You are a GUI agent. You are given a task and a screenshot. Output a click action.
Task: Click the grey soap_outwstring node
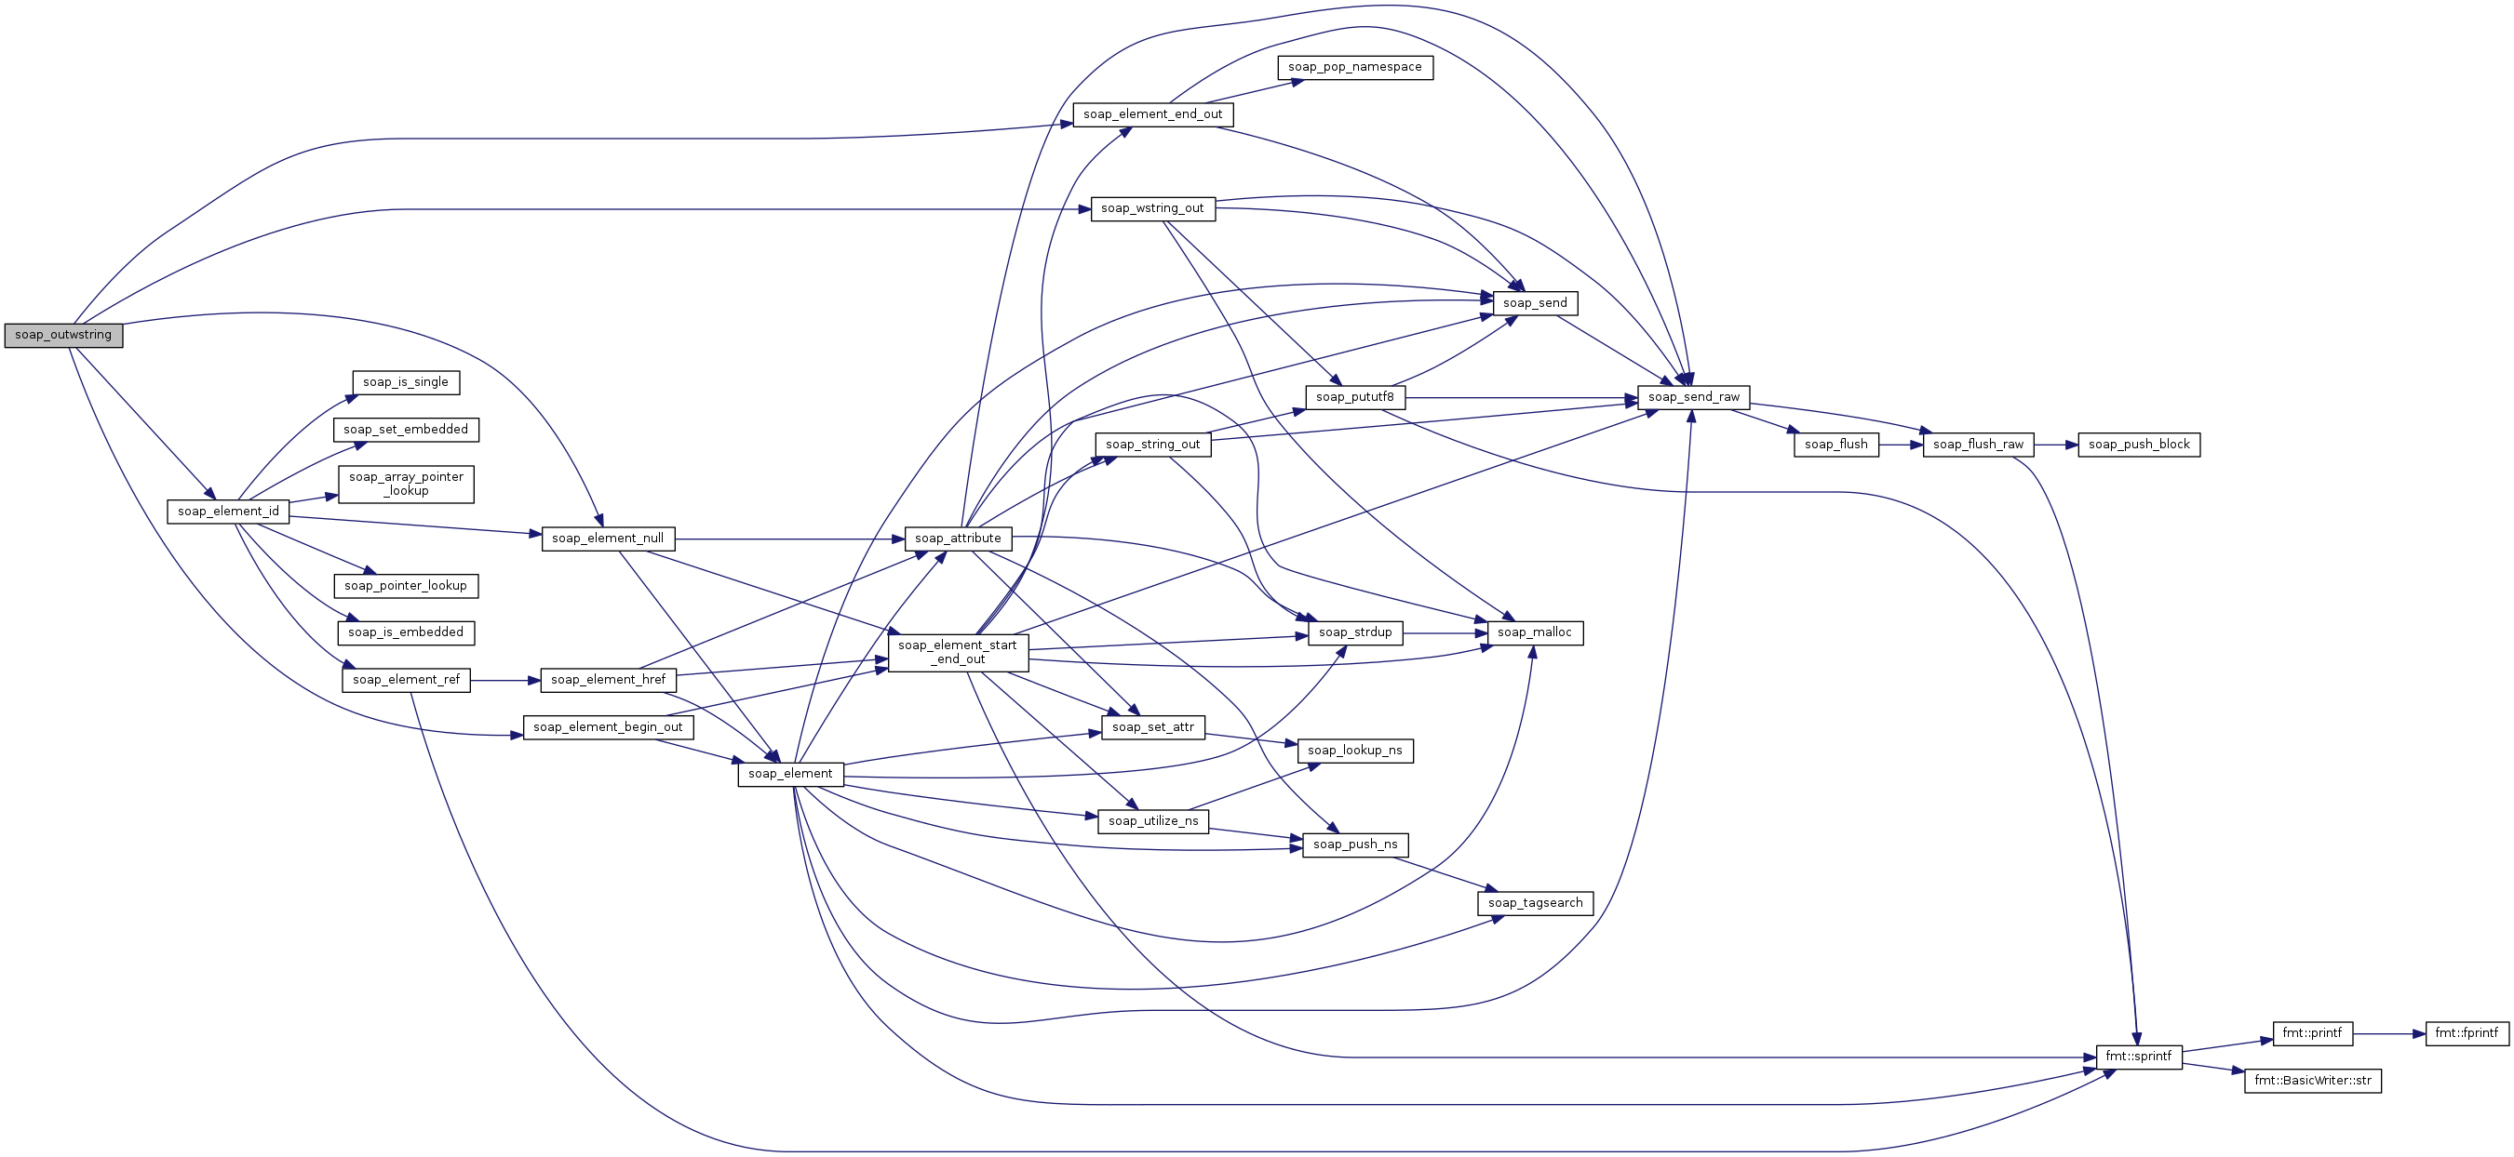[x=63, y=335]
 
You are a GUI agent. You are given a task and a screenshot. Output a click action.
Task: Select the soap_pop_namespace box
[x=1354, y=67]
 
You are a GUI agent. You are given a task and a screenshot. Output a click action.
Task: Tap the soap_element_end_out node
[x=1152, y=114]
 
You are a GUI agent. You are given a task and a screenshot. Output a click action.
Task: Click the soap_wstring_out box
[x=1152, y=208]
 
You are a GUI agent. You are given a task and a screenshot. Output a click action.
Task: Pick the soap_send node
[x=1535, y=303]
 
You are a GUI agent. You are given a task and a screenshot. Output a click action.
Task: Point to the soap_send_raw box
[x=1694, y=397]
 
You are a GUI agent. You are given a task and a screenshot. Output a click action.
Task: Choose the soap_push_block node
[x=2139, y=445]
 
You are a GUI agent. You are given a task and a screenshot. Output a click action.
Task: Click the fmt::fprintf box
[x=2467, y=1033]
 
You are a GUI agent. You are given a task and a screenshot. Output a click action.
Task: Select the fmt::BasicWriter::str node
[x=2313, y=1081]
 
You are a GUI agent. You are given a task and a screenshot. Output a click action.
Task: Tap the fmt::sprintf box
[x=2139, y=1057]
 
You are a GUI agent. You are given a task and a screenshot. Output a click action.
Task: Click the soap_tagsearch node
[x=1535, y=903]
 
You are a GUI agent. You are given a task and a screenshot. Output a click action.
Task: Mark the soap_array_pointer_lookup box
[x=406, y=484]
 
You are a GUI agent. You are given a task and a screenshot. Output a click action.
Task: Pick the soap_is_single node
[x=406, y=382]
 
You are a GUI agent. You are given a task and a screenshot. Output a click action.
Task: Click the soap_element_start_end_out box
[x=958, y=653]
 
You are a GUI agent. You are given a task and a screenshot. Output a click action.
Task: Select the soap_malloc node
[x=1535, y=633]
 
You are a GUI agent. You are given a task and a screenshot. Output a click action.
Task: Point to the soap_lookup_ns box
[x=1354, y=751]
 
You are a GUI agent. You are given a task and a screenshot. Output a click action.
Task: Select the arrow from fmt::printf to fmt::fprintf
[x=2389, y=1033]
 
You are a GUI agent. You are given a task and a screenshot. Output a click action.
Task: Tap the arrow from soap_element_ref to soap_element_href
[x=505, y=680]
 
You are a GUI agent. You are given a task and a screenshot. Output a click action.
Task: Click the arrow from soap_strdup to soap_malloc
[x=1445, y=633]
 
